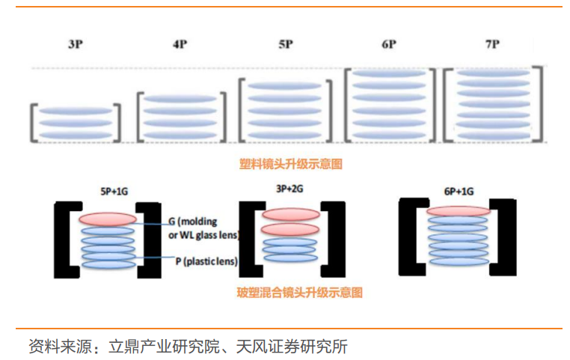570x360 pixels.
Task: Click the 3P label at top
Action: (75, 45)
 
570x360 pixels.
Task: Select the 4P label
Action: (180, 45)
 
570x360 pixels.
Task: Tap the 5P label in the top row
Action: (285, 45)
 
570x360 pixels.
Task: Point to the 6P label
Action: (388, 45)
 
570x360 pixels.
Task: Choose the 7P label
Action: (491, 45)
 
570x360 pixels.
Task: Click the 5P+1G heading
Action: (108, 191)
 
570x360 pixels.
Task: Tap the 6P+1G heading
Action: (458, 191)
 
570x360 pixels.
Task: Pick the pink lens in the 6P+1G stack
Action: (458, 212)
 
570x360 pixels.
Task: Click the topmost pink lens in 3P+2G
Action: (289, 214)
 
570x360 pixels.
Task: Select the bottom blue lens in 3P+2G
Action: (289, 257)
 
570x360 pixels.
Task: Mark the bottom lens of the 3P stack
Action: (75, 135)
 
